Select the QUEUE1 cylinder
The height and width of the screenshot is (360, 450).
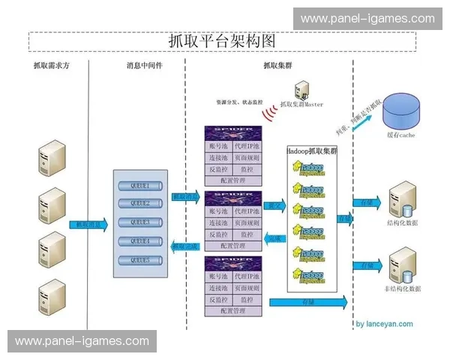140,185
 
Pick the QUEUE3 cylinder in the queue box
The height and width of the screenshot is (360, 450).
140,223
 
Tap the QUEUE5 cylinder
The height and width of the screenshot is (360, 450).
140,260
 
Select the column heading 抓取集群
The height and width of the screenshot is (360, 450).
277,66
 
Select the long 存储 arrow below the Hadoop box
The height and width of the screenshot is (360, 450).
307,301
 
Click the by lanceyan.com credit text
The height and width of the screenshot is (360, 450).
384,325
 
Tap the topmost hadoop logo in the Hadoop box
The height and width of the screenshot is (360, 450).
309,169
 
